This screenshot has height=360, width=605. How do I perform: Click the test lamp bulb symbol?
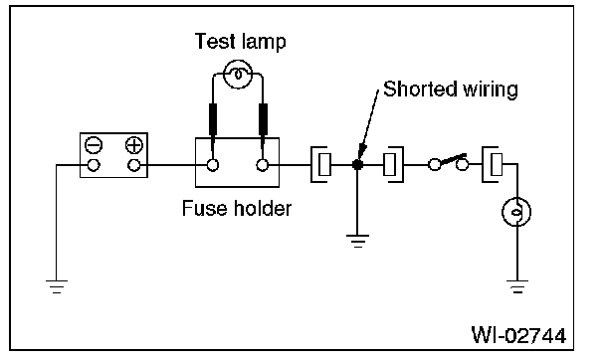coord(238,74)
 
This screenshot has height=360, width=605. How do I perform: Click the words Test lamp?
coord(240,41)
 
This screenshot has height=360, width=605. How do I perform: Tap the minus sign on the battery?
coord(94,146)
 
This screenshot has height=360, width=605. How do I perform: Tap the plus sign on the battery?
coord(134,146)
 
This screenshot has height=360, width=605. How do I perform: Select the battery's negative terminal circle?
coord(94,165)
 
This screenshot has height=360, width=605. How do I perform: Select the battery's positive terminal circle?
coord(134,165)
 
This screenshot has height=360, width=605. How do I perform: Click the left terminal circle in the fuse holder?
coord(212,165)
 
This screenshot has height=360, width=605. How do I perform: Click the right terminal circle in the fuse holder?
coord(263,165)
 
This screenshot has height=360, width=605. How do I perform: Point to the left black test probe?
coord(212,119)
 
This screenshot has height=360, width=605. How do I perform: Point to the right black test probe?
coord(263,119)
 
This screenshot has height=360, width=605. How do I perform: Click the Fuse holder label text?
coord(237,209)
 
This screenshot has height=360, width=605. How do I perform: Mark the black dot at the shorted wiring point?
coord(357,165)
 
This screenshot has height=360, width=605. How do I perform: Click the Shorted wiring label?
coord(451,90)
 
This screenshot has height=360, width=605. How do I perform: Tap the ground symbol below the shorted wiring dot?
coord(357,241)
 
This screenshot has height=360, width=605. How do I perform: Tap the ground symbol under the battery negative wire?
coord(57,286)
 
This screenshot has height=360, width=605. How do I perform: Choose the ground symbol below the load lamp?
coord(517,286)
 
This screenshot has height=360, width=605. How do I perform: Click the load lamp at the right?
coord(516,212)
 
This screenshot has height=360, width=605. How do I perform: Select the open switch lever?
coord(452,159)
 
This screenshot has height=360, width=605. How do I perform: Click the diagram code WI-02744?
coord(519,335)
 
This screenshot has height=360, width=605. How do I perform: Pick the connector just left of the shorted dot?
coord(320,164)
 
